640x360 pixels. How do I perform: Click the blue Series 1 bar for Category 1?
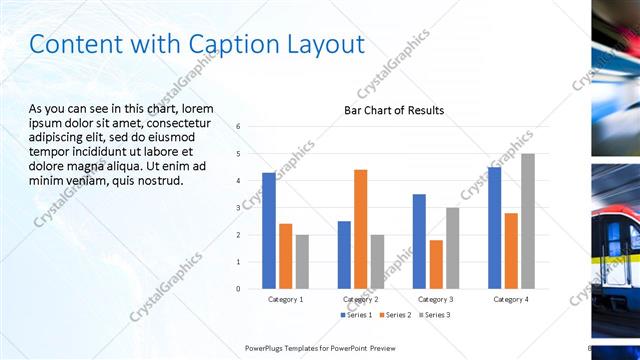tap(269, 231)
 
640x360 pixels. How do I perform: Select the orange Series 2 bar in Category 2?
tap(360, 229)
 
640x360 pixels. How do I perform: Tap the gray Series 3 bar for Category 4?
tap(527, 221)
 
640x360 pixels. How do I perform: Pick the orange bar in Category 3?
tap(435, 264)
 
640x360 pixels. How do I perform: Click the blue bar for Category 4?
tap(494, 228)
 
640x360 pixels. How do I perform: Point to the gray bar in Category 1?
tap(302, 261)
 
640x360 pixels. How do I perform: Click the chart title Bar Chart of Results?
tap(394, 110)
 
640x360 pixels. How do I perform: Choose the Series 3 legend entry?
tap(436, 315)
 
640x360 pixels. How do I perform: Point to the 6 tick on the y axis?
tap(238, 127)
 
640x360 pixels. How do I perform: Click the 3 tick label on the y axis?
tap(238, 208)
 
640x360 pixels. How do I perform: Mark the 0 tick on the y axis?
tap(238, 288)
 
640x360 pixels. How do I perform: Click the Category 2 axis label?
tap(360, 299)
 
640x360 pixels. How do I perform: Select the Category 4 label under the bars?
tap(510, 299)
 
